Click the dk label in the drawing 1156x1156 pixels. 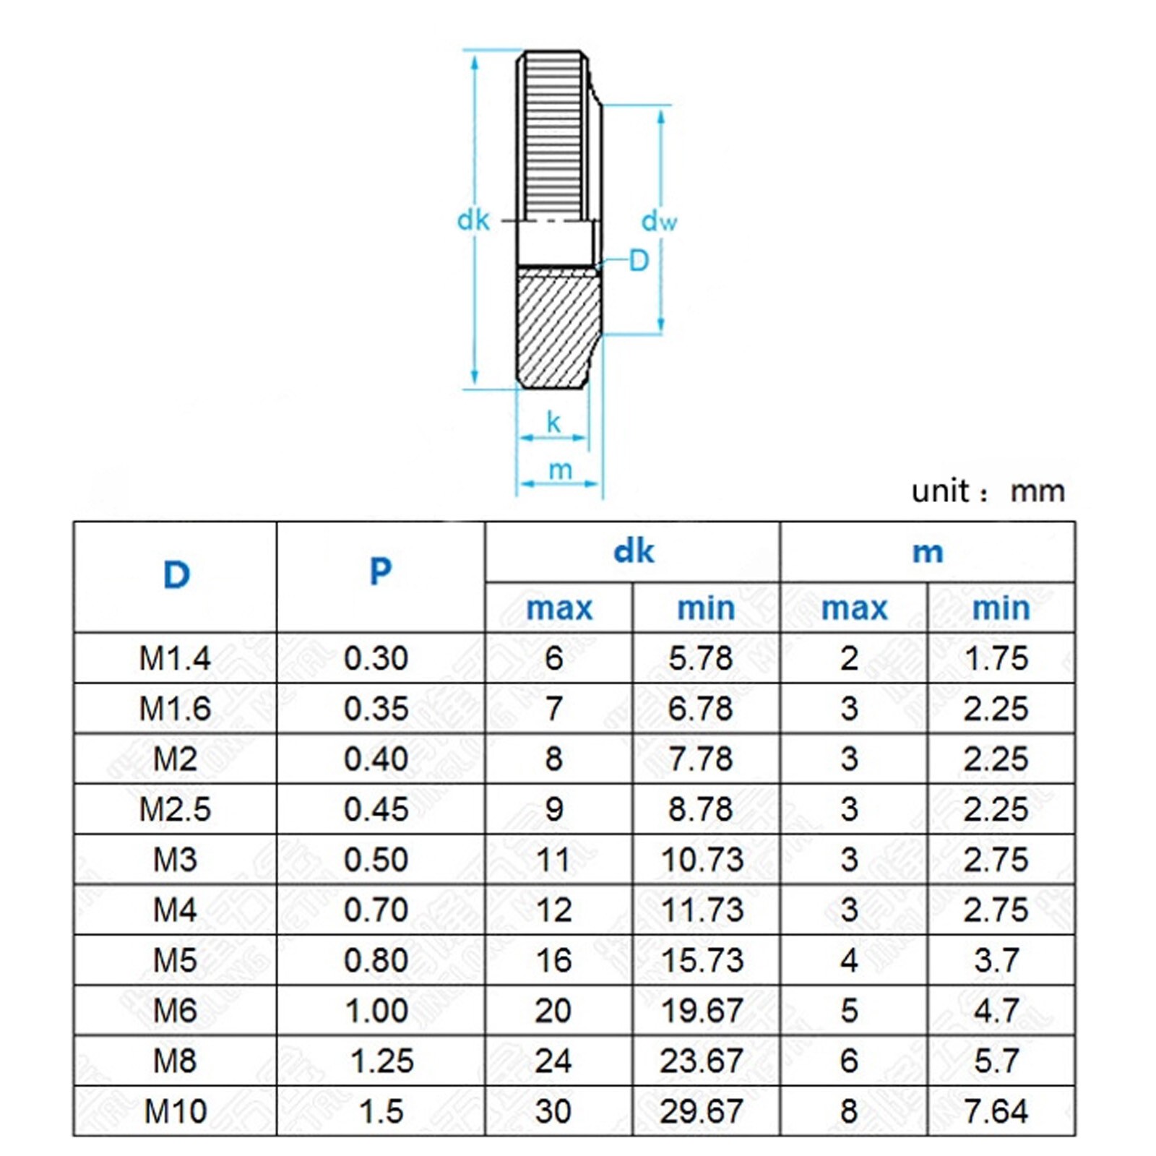(473, 220)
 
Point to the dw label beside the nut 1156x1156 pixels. (659, 220)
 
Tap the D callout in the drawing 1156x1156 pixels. (639, 260)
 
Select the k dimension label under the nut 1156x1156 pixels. (553, 422)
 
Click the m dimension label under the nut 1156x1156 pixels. (560, 470)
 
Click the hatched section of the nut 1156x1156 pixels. (557, 325)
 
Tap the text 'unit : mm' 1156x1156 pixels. (988, 491)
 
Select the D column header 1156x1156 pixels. (176, 575)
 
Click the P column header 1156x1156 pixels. (381, 571)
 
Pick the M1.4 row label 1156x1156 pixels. (175, 658)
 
